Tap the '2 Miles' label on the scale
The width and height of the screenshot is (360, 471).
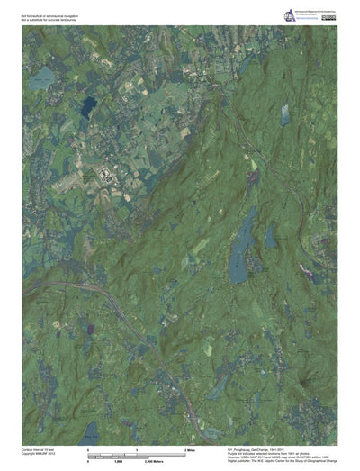(x=190, y=448)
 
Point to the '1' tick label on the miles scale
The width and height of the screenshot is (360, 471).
(x=136, y=448)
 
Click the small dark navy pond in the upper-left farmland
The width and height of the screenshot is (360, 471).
(x=86, y=106)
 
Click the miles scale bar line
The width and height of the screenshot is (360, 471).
(x=136, y=453)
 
